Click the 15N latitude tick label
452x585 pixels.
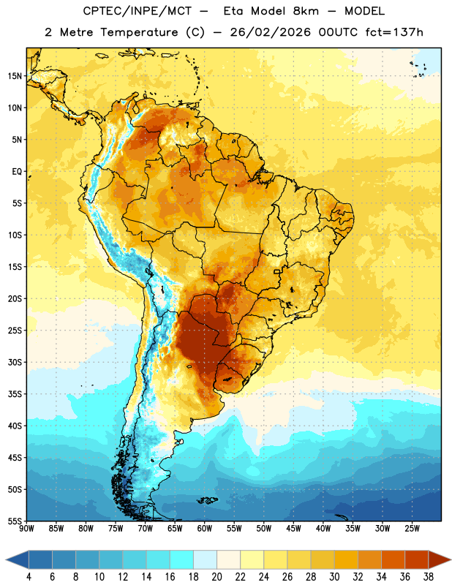15,76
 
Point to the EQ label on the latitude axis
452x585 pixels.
17,172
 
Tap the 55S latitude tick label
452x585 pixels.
15,521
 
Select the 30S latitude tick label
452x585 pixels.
15,362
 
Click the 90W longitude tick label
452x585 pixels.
26,529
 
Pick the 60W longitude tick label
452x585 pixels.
205,529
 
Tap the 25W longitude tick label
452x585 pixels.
412,529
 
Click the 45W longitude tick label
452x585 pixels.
293,529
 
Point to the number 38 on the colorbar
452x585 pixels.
429,577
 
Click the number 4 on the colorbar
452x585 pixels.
29,577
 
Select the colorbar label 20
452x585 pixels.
216,577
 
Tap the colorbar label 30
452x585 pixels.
334,577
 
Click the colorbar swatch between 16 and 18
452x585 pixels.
182,559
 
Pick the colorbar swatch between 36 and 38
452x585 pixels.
417,559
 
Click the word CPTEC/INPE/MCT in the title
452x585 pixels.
137,11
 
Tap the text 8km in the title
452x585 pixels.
306,11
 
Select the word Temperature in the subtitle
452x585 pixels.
139,32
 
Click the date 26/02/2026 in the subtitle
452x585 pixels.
270,32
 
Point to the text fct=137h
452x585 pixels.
394,32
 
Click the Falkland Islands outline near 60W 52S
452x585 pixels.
206,500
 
